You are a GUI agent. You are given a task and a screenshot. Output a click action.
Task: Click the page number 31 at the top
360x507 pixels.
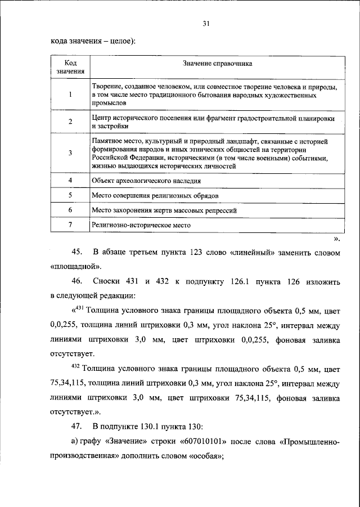click(x=206, y=23)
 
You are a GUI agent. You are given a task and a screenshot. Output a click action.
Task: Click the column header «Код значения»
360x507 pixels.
click(x=70, y=68)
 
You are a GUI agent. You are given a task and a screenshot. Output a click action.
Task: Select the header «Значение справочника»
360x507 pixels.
click(x=217, y=64)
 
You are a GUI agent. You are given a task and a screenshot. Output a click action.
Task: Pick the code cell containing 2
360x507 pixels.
click(x=70, y=122)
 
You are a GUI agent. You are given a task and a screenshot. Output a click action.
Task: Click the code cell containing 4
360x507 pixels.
click(x=70, y=180)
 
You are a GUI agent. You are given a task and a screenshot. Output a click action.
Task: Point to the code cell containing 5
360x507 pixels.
click(x=70, y=195)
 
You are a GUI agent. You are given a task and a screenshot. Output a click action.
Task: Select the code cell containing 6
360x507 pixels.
click(x=70, y=209)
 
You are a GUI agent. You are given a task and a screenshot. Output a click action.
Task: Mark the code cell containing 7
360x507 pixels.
click(x=70, y=225)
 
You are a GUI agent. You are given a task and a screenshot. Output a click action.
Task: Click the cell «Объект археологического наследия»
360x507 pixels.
click(x=146, y=181)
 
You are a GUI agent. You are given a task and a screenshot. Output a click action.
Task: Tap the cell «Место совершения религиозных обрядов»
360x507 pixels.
click(x=155, y=195)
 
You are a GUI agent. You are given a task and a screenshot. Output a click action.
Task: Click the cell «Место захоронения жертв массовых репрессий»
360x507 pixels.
click(x=164, y=210)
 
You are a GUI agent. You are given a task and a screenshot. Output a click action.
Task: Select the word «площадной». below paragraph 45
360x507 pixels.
click(x=75, y=266)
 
